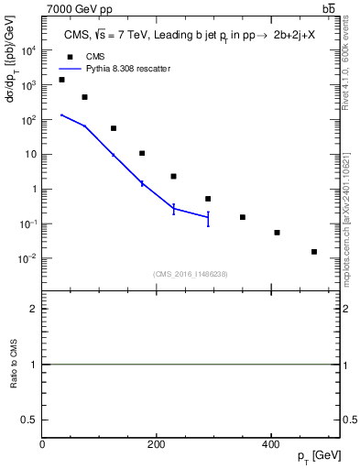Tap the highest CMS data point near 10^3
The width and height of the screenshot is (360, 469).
pyautogui.click(x=61, y=80)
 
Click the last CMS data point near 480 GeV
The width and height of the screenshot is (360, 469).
pyautogui.click(x=314, y=252)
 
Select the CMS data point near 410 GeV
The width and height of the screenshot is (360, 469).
pyautogui.click(x=277, y=233)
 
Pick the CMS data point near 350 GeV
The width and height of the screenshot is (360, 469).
pyautogui.click(x=243, y=217)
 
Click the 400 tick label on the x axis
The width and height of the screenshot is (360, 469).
pyautogui.click(x=270, y=444)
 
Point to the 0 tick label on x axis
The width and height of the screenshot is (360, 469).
pyautogui.click(x=42, y=444)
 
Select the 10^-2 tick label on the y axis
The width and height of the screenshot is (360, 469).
pyautogui.click(x=27, y=258)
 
